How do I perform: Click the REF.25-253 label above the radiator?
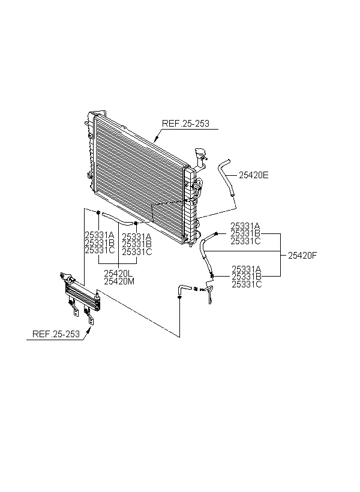tap(185, 124)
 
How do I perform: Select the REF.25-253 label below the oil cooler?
tap(56, 334)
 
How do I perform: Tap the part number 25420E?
tap(254, 175)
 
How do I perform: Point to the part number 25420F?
tap(302, 256)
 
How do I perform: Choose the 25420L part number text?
tap(118, 273)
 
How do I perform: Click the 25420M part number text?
tap(119, 281)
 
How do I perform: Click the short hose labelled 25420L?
tap(117, 219)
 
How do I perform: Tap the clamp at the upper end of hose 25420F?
tap(216, 233)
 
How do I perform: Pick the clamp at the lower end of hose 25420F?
tap(212, 276)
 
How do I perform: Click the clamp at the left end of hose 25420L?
tap(98, 213)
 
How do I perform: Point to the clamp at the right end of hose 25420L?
tap(136, 223)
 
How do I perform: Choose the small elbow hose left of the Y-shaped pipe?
tap(184, 288)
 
